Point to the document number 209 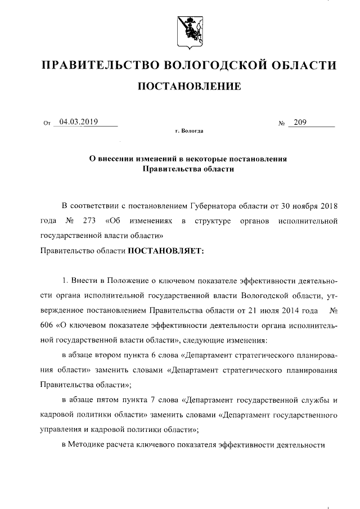coord(301,121)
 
